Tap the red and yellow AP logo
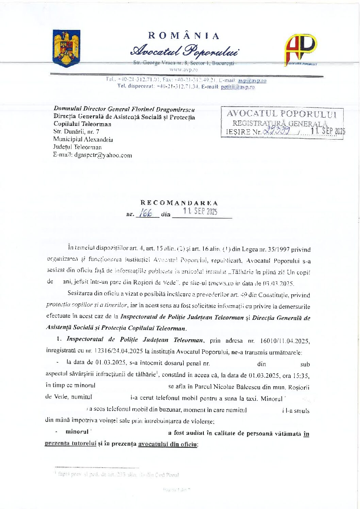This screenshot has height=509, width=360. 301,49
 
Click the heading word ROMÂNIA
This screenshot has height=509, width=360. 183,36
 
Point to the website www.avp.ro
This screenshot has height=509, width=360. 184,69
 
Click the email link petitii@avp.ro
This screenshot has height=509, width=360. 238,87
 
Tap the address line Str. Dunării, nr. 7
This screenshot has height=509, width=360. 76,131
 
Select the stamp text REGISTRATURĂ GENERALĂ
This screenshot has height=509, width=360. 280,123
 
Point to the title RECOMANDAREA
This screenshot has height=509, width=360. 179,203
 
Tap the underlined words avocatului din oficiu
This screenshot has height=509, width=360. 168,444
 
